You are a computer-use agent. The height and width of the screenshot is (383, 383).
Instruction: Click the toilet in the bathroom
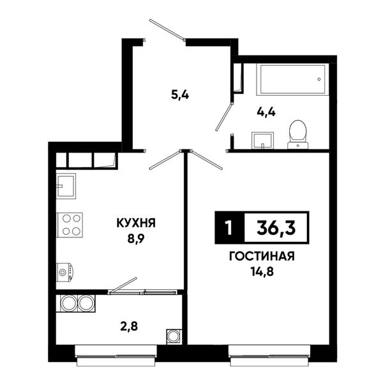click(x=297, y=134)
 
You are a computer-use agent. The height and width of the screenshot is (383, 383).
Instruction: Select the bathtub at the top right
click(x=292, y=80)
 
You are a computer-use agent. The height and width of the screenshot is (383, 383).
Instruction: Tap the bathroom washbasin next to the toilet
click(x=262, y=140)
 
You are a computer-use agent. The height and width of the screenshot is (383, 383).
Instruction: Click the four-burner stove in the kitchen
click(x=70, y=225)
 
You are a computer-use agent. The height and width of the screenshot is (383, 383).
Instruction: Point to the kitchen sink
click(x=66, y=186)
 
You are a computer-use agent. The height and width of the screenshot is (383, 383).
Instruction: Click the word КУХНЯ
click(x=136, y=223)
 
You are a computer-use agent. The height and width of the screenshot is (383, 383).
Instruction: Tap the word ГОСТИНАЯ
click(x=262, y=256)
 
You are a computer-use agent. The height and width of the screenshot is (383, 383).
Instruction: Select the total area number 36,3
click(x=276, y=227)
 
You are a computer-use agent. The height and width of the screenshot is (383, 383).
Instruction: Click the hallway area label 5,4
click(x=180, y=94)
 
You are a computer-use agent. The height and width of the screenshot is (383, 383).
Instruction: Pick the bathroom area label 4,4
click(x=266, y=112)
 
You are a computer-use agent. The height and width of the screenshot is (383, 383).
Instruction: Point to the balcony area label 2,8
click(x=129, y=326)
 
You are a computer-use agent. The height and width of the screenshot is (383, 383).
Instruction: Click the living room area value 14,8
click(x=262, y=271)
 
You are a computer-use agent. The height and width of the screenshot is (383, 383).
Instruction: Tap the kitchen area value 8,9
click(x=136, y=239)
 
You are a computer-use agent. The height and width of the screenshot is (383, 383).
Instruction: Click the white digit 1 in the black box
click(x=229, y=228)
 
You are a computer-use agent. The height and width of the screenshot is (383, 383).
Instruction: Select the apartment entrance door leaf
click(x=167, y=30)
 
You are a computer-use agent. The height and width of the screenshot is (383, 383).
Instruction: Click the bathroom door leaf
click(x=223, y=117)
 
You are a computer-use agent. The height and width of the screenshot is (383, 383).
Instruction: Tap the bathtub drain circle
click(x=319, y=79)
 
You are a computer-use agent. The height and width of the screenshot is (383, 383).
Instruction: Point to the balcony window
click(x=116, y=355)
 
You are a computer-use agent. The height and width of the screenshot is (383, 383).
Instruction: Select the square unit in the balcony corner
click(x=174, y=336)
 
